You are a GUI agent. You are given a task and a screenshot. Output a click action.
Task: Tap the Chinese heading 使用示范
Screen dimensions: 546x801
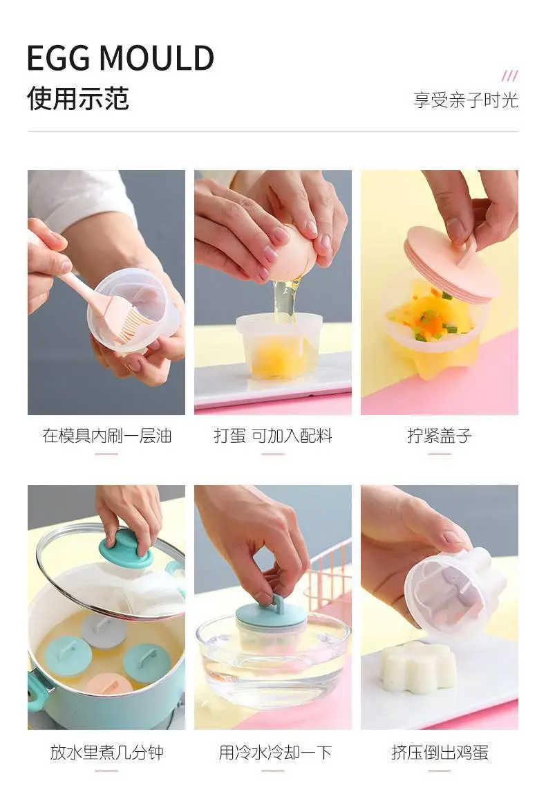78,98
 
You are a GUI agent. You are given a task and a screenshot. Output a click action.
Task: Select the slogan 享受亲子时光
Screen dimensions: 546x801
465,100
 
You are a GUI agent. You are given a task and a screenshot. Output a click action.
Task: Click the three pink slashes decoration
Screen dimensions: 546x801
510,75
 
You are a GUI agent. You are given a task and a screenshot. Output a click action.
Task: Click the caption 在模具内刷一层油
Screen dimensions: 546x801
106,436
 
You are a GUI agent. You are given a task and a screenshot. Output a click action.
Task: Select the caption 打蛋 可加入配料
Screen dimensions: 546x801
273,436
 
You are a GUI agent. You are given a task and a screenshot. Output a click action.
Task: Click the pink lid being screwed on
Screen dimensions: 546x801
451,268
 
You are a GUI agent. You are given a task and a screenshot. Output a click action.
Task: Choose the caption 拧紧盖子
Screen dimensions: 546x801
440,436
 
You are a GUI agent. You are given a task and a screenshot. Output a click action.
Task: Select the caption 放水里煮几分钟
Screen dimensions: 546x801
106,752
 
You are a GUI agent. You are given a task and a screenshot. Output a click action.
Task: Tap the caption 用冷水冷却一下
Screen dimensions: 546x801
275,752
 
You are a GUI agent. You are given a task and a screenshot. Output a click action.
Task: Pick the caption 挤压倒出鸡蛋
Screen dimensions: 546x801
440,752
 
